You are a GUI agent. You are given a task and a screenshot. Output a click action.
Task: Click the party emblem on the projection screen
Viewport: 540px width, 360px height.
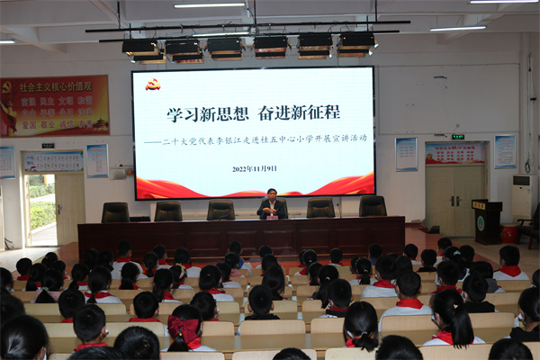click(x=153, y=84)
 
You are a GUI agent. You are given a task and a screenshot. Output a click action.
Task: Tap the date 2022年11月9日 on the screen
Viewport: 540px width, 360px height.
click(x=255, y=168)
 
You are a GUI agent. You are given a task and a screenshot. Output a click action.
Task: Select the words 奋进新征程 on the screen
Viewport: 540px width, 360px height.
click(x=301, y=113)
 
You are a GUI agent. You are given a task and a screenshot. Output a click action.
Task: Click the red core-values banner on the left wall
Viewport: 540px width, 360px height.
click(x=54, y=105)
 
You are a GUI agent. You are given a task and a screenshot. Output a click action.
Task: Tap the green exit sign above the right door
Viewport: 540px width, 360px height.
click(x=458, y=137)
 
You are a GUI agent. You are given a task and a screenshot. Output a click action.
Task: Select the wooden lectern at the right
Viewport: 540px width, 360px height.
click(x=487, y=220)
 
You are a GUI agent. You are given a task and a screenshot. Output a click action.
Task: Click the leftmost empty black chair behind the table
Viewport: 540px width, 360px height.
click(x=115, y=212)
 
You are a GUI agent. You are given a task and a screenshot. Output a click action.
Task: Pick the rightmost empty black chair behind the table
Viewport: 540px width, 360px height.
click(x=373, y=207)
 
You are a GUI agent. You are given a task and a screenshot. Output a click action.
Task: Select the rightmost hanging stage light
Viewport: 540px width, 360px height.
click(x=357, y=43)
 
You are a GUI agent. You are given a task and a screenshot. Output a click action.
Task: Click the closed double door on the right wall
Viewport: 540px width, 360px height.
click(x=454, y=199)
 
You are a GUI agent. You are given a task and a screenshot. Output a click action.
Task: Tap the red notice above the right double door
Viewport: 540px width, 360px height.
click(x=454, y=153)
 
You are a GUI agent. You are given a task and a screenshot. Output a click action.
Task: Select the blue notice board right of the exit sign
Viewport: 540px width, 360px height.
click(x=505, y=151)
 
